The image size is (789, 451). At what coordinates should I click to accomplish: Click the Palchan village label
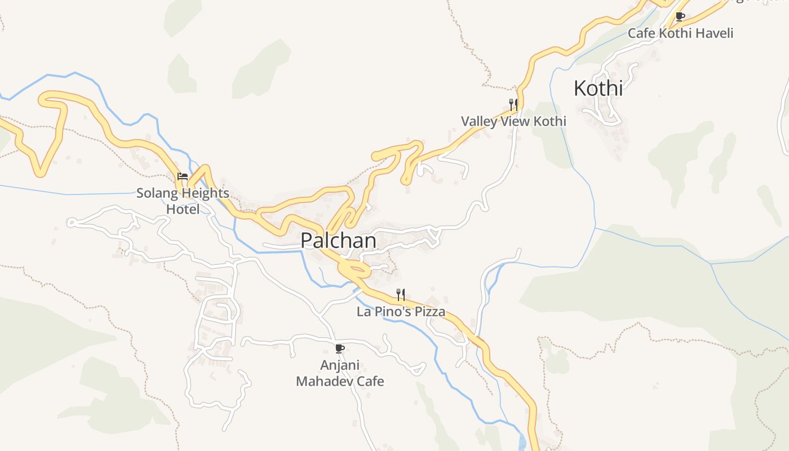[x=338, y=241]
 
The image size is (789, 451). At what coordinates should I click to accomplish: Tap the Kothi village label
[x=598, y=89]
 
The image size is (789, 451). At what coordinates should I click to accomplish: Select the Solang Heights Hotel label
[x=183, y=201]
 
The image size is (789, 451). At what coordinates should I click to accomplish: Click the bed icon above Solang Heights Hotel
[x=182, y=176]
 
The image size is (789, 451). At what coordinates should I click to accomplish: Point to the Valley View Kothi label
[x=513, y=121]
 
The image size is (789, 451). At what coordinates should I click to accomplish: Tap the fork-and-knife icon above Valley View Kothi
[x=513, y=104]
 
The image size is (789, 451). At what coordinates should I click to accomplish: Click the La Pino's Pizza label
[x=401, y=312]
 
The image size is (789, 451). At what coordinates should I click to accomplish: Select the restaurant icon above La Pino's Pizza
[x=400, y=294]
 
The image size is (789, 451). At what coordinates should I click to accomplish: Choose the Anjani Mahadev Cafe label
[x=340, y=373]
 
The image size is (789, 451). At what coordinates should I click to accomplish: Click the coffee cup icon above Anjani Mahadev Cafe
[x=339, y=348]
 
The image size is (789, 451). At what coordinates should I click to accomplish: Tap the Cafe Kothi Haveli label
[x=680, y=33]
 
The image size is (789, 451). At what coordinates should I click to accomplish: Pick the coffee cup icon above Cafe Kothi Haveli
[x=680, y=16]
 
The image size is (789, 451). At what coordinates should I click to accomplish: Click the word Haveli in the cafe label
[x=715, y=33]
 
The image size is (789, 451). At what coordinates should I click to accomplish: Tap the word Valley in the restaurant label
[x=478, y=121]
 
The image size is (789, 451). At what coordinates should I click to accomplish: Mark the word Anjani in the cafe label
[x=340, y=365]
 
